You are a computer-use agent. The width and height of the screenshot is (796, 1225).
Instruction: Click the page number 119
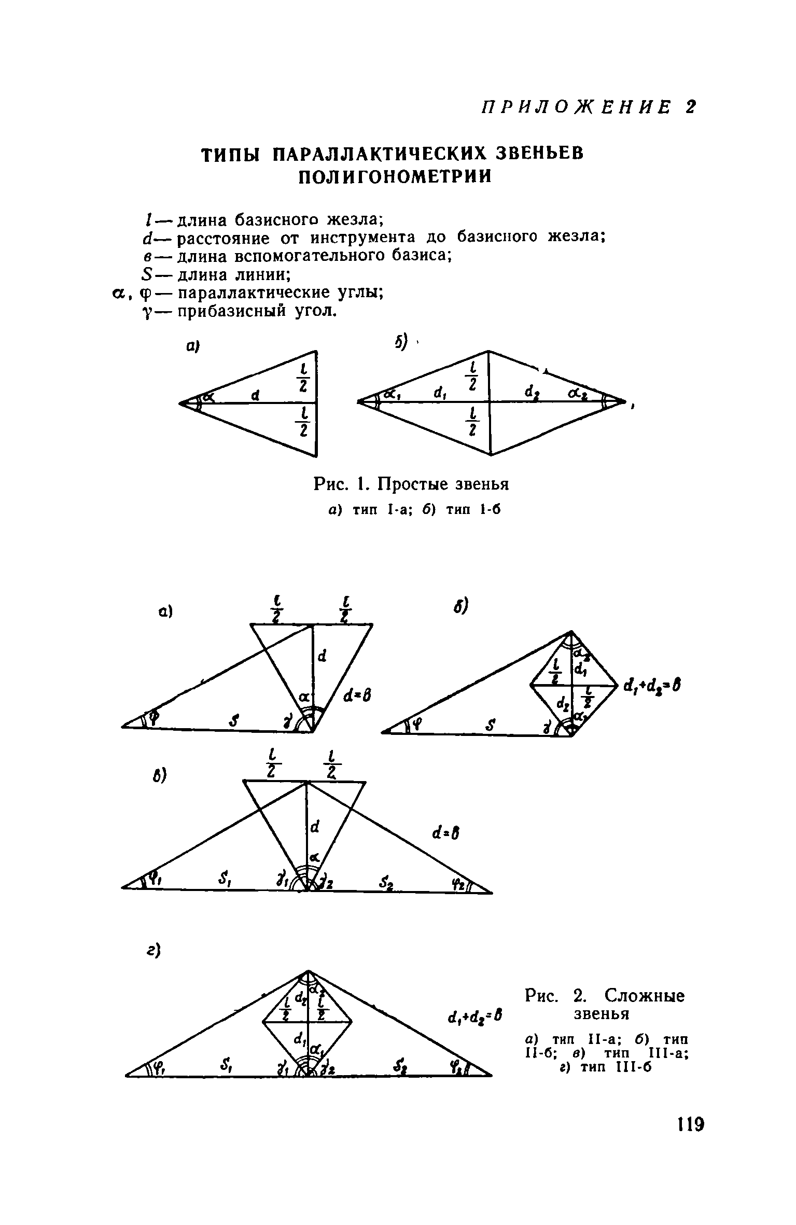tap(690, 1126)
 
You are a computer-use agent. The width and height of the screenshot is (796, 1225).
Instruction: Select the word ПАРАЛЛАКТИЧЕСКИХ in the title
tap(380, 154)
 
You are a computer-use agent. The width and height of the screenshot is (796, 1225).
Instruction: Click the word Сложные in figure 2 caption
tap(645, 996)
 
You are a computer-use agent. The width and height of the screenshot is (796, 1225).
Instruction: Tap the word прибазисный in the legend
tap(233, 311)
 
